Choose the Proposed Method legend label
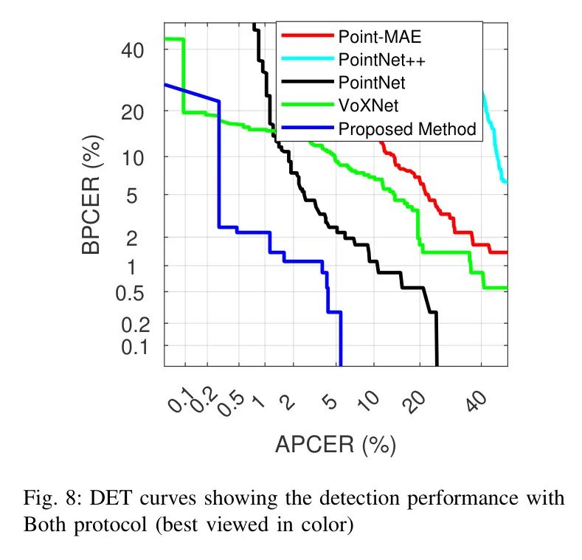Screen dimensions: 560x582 pos(407,129)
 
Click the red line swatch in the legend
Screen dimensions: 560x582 pos(308,35)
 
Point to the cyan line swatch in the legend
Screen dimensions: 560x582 pos(308,59)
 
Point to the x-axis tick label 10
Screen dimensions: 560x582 pos(368,401)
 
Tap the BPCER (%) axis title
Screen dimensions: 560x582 pos(93,194)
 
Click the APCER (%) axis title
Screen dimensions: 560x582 pos(336,445)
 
